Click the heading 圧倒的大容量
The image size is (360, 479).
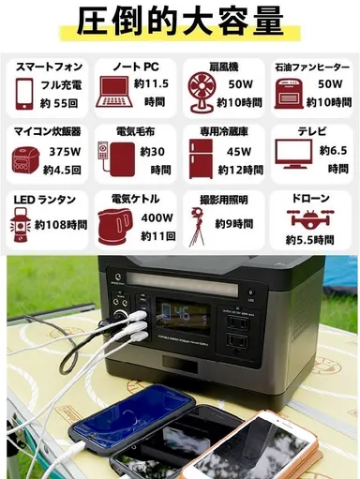179,21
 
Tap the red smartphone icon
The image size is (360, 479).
25,93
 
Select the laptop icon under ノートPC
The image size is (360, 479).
115,92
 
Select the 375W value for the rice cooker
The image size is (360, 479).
65,153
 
